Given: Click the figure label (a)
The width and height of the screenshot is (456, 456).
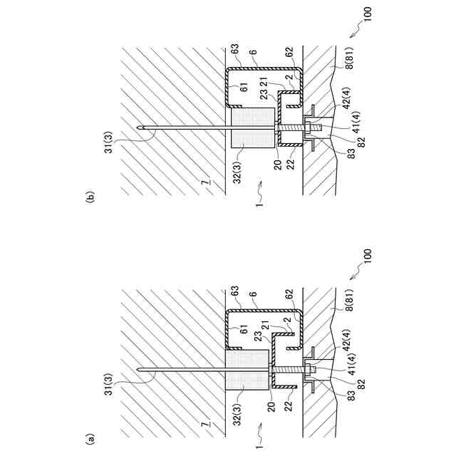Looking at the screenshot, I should click(x=90, y=440).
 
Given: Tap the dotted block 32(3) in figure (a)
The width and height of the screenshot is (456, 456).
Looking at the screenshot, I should click(x=247, y=370).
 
